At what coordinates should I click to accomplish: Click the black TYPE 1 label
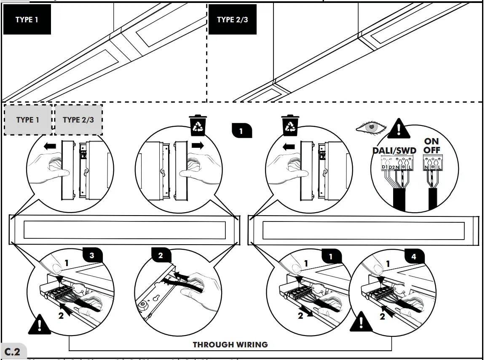click(x=27, y=20)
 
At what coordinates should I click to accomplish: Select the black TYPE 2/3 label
click(x=233, y=20)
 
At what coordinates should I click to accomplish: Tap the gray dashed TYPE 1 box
click(x=28, y=120)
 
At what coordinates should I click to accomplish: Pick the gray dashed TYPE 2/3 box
click(x=78, y=120)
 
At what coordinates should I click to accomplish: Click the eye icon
click(x=371, y=127)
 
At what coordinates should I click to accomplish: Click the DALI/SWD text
click(x=394, y=151)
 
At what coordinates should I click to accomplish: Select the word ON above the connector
click(x=431, y=142)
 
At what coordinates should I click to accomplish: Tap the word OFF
click(x=431, y=150)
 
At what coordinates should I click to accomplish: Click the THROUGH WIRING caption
click(x=230, y=345)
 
